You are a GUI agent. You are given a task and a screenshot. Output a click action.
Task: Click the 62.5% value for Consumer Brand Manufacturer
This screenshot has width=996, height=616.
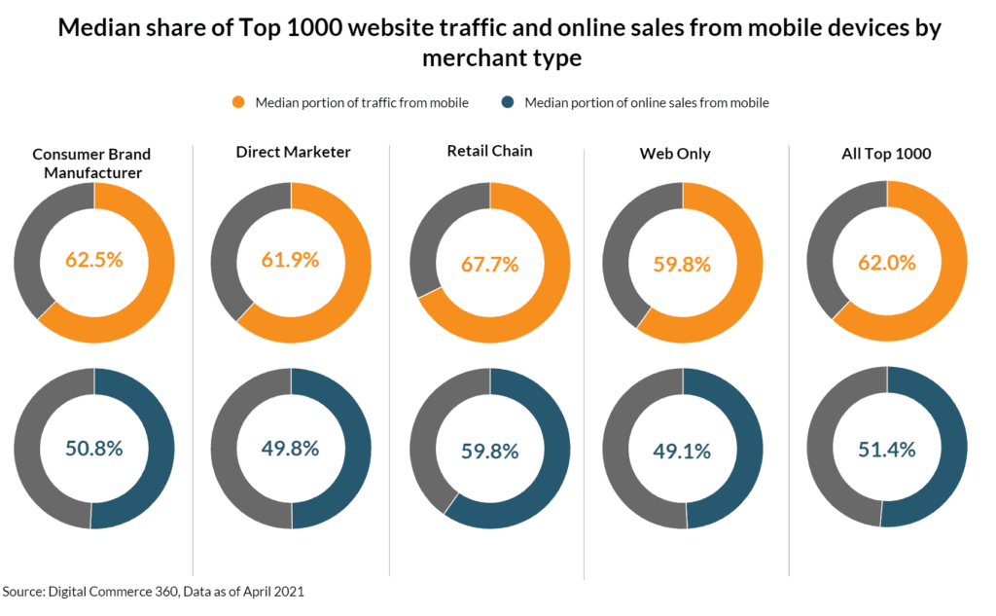click(x=94, y=260)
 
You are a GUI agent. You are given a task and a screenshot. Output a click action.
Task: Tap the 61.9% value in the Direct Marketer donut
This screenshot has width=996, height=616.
click(x=290, y=260)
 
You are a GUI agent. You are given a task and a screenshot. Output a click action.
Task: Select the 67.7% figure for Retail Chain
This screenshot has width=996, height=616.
click(x=490, y=264)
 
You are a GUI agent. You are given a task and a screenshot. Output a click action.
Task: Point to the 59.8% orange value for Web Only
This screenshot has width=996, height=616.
click(x=682, y=264)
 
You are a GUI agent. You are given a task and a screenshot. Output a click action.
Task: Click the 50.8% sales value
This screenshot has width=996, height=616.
click(x=94, y=449)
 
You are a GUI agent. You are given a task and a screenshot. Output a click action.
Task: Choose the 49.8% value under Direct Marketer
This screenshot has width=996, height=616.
click(x=290, y=449)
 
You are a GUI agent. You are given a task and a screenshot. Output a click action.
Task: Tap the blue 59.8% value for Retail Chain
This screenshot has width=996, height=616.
click(x=490, y=452)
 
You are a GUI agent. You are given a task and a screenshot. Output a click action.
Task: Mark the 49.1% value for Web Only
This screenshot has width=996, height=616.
click(x=682, y=452)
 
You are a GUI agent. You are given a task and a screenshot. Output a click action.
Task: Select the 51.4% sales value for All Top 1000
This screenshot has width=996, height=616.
click(x=886, y=449)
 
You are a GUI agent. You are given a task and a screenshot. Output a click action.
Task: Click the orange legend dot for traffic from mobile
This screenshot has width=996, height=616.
click(x=237, y=102)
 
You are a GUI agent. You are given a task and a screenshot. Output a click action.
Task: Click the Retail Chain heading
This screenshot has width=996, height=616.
click(x=490, y=151)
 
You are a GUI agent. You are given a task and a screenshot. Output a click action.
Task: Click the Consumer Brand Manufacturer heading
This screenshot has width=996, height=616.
click(x=91, y=163)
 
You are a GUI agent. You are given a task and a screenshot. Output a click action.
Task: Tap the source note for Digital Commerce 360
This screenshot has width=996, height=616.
click(x=160, y=591)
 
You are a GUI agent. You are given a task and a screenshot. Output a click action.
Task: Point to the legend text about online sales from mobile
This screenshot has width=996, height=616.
click(x=647, y=102)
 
